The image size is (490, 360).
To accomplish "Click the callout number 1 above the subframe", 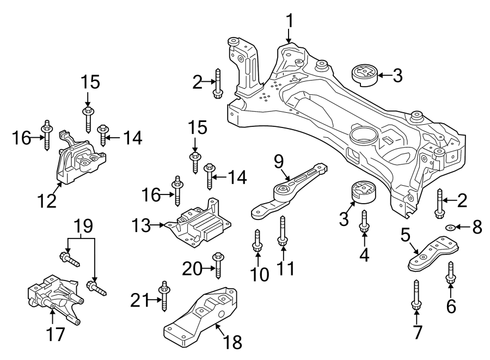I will [290, 21].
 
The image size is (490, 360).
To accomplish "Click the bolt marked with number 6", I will [451, 272].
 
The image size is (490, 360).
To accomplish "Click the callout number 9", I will [279, 162].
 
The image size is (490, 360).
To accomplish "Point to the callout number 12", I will [47, 201].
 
